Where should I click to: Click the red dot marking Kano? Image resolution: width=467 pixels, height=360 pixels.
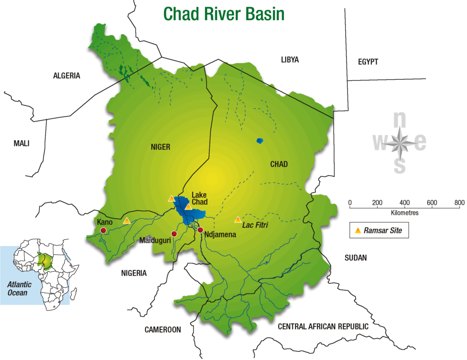click(103, 231)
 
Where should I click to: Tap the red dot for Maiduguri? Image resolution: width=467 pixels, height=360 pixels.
click(174, 234)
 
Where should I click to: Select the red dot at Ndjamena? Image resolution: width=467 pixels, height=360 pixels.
click(200, 229)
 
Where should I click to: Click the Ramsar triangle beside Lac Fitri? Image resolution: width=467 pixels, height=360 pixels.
click(238, 220)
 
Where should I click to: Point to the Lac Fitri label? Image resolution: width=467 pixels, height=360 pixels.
click(255, 225)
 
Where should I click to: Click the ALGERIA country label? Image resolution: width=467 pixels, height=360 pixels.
click(67, 76)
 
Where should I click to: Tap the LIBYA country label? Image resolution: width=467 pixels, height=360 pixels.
click(290, 60)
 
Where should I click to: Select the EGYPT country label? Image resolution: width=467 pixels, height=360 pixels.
click(368, 62)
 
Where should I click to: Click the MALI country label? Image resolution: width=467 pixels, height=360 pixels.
click(21, 143)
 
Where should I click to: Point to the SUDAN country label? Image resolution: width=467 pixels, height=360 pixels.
click(356, 258)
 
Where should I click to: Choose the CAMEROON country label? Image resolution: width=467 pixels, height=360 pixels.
click(163, 329)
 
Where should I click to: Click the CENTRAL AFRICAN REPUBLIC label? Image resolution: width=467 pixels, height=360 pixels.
click(323, 326)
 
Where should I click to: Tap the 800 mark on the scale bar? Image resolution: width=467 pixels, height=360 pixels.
click(459, 203)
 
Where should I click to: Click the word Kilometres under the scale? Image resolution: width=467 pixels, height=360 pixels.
click(405, 213)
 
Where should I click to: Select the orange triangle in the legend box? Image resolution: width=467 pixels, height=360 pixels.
click(358, 231)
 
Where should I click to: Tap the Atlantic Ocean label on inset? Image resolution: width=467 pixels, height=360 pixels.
click(17, 288)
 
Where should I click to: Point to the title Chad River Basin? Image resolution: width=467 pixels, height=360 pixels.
click(224, 13)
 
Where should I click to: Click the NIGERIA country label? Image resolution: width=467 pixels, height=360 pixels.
click(134, 273)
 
